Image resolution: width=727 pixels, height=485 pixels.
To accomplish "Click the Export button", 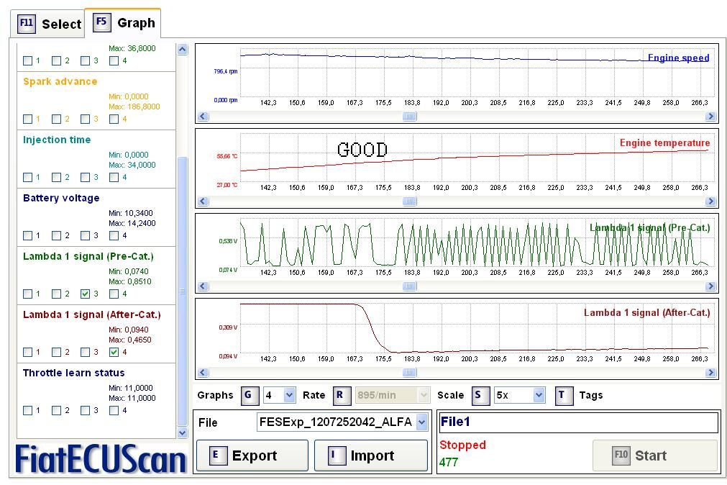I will point(252,455).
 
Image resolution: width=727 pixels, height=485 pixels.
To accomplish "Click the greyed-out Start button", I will point(654,455).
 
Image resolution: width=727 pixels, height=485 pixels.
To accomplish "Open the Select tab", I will point(49,24).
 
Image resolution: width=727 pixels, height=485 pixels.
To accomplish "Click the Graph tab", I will point(124,23).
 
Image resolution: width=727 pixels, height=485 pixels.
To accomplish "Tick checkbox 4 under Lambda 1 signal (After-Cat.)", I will point(114,352).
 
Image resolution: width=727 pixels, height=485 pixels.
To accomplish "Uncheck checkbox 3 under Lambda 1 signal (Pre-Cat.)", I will point(86,294).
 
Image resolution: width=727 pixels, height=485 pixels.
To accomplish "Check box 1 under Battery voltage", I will point(28,235).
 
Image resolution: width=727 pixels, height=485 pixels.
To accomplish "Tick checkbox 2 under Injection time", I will point(57,177).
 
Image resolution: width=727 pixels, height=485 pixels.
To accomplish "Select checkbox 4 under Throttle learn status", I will point(114,410).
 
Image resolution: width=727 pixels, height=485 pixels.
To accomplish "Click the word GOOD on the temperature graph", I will point(362,150).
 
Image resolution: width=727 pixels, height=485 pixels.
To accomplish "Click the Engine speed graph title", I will point(678,58).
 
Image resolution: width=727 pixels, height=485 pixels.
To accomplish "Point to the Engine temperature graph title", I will point(664,142).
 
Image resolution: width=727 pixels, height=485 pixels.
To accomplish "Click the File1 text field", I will point(578,422).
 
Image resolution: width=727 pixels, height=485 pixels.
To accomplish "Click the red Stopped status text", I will point(462,445).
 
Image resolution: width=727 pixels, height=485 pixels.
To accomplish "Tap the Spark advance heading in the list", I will point(60,81).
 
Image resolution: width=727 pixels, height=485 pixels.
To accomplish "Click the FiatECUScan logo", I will point(101,459).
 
